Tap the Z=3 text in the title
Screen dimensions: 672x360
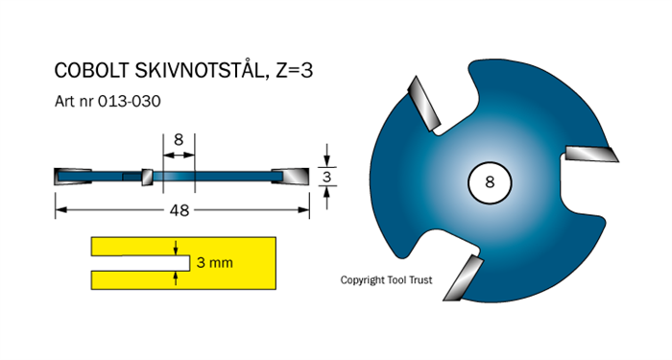click(x=295, y=70)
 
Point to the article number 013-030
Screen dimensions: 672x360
click(x=130, y=102)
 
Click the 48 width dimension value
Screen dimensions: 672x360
click(x=180, y=210)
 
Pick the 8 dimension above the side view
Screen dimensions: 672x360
click(x=179, y=140)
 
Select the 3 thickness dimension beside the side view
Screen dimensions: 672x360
click(x=327, y=177)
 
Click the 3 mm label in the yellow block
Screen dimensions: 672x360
click(x=215, y=262)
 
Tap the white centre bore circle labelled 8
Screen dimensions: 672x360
click(x=490, y=182)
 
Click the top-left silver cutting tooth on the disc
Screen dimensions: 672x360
click(x=423, y=104)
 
